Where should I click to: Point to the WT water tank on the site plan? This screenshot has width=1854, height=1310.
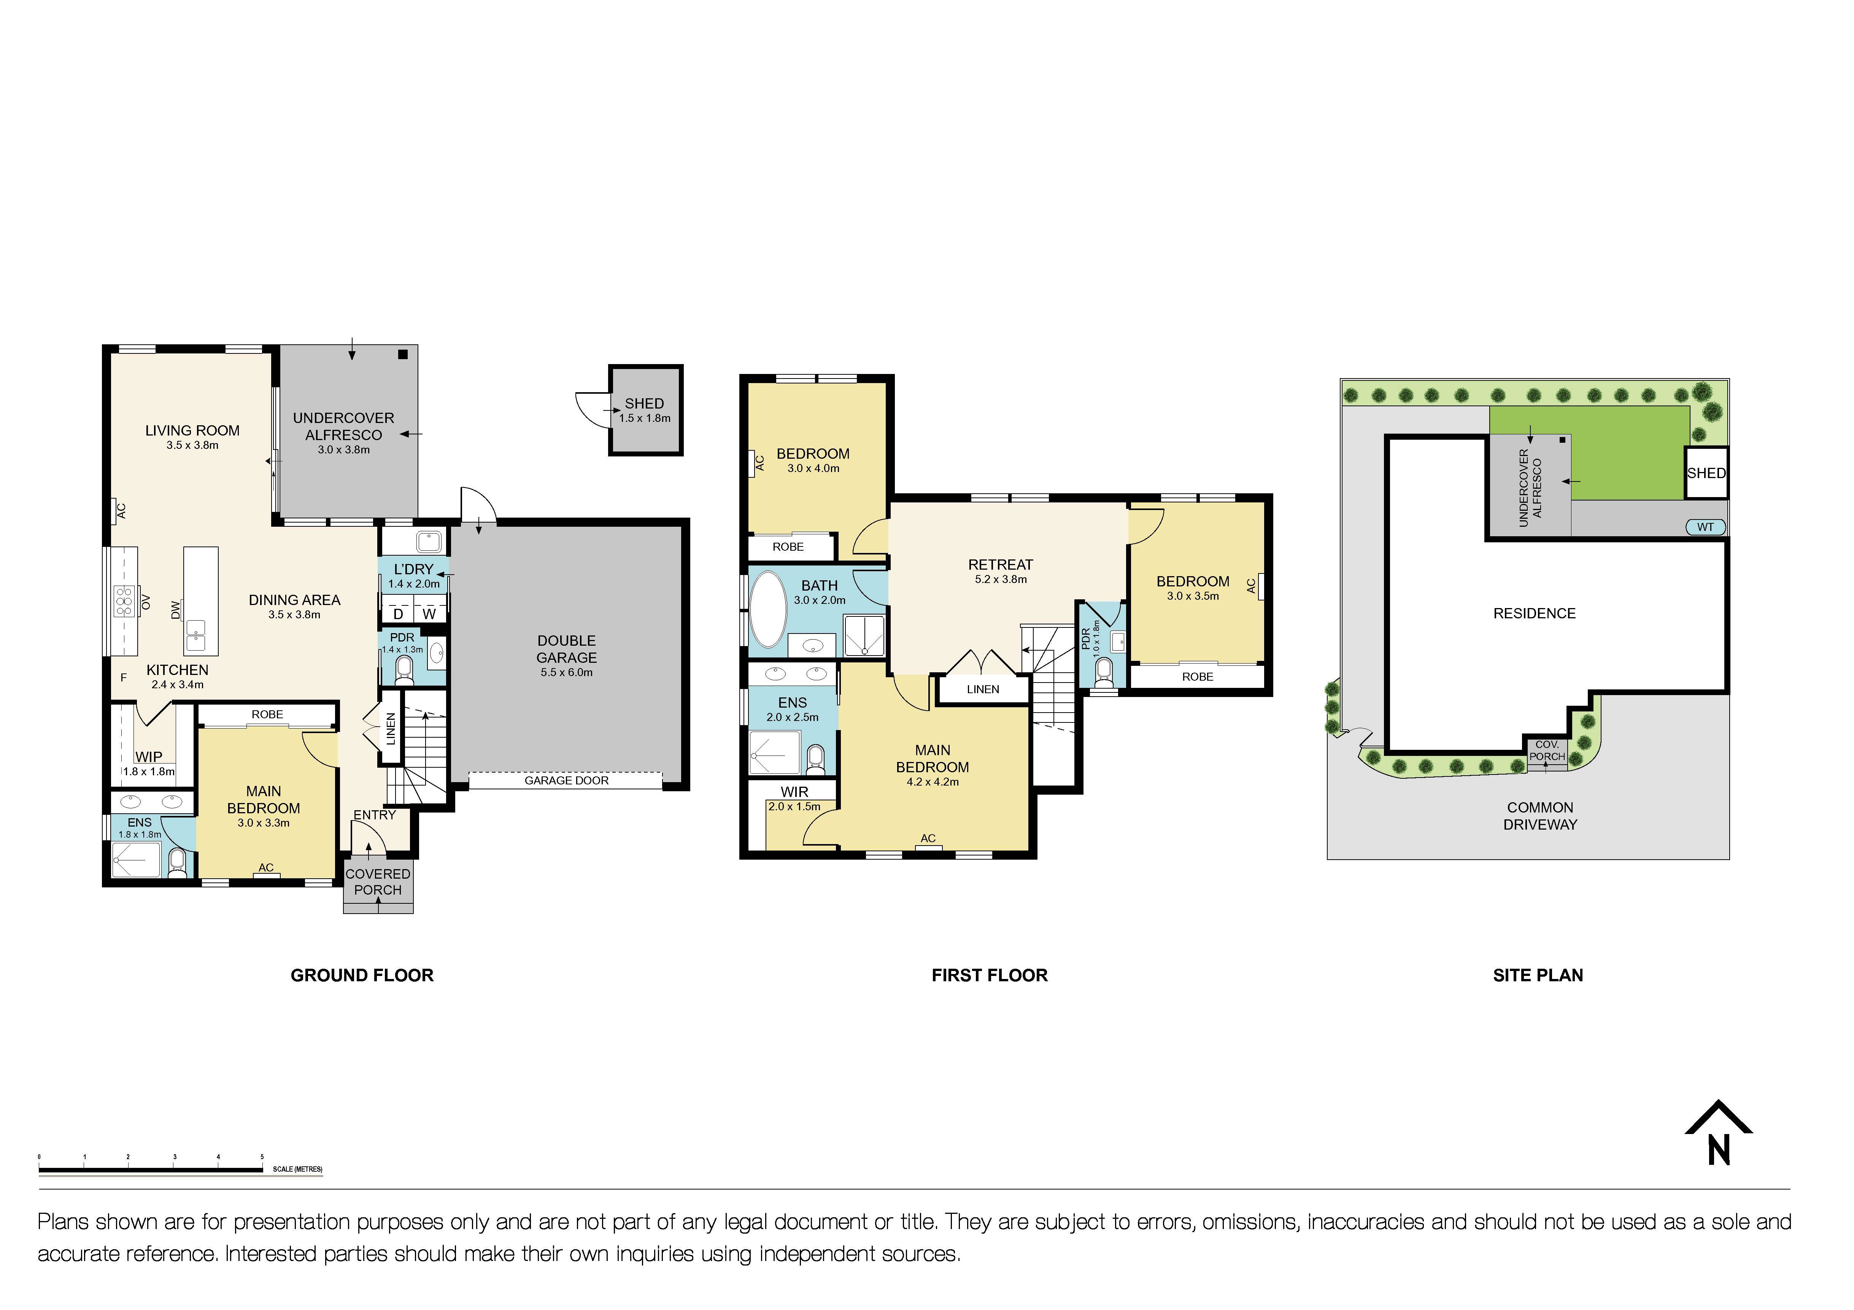[x=1705, y=527]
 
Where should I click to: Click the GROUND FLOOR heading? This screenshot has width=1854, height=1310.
[x=362, y=975]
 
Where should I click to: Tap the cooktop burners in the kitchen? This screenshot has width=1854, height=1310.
[x=124, y=601]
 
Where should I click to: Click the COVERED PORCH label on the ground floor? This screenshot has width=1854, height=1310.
[x=378, y=881]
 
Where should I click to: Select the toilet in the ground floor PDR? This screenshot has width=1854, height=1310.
[x=404, y=670]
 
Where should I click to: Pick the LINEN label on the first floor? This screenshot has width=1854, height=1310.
[x=983, y=689]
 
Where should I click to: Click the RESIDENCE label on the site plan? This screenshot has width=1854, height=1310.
[x=1534, y=613]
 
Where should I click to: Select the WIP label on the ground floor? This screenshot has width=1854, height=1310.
[x=149, y=757]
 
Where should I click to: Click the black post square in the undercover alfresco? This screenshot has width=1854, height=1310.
[x=403, y=354]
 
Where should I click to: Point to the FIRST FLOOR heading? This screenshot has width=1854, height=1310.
[x=989, y=975]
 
